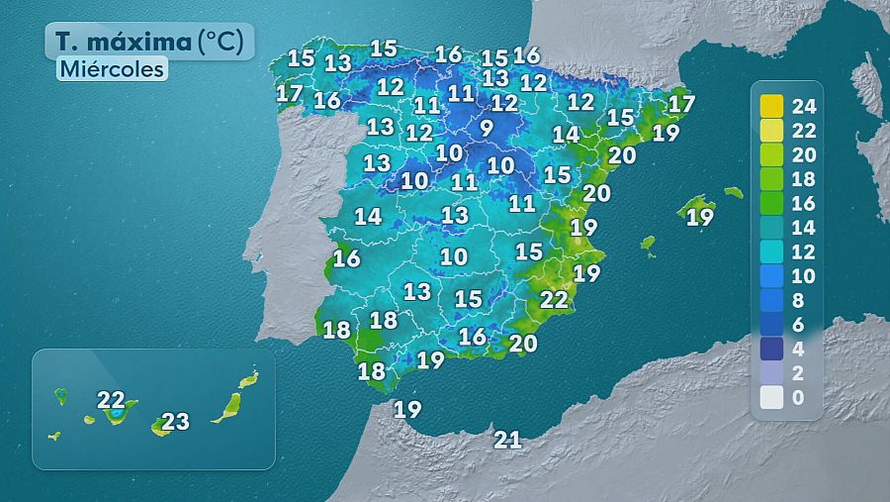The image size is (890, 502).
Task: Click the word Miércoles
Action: (111, 69)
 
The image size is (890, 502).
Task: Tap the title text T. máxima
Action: (122, 43)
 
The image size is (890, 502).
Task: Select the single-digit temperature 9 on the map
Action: (486, 128)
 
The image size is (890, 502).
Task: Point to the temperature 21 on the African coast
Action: (507, 440)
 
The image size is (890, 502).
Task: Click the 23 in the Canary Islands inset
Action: (175, 422)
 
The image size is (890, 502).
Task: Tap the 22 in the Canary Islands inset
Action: (111, 401)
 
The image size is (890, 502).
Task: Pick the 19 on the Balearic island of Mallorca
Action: (700, 217)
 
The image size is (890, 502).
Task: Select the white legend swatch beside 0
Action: (771, 398)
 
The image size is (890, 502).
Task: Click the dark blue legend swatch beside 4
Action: (771, 350)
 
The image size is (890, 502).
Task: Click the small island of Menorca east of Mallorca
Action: (733, 192)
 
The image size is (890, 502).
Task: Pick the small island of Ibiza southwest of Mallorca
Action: (648, 242)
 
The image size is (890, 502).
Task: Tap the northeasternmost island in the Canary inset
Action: (248, 379)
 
